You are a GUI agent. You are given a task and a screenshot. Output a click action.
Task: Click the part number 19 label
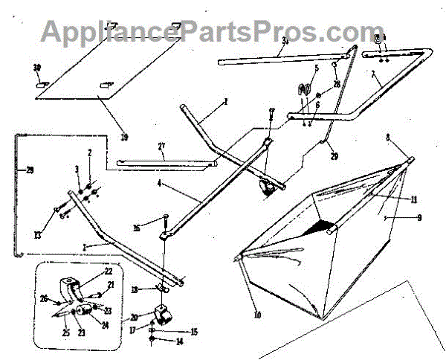pos(123,137)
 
